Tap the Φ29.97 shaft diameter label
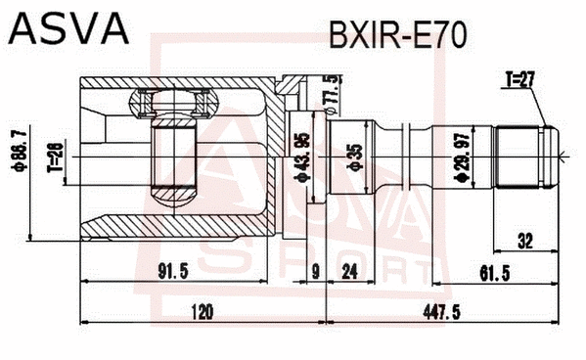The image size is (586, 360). click(458, 158)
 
